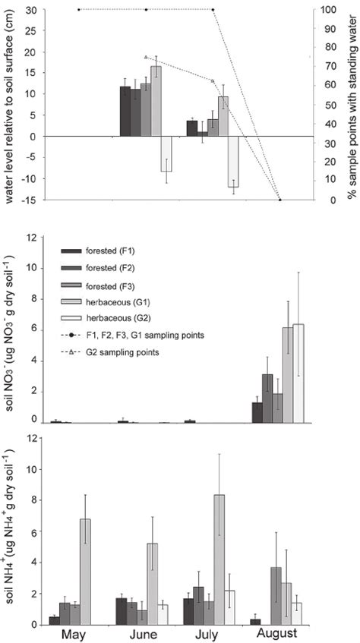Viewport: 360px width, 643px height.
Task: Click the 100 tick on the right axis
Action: [x=328, y=10]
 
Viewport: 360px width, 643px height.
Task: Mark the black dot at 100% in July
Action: [x=213, y=10]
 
